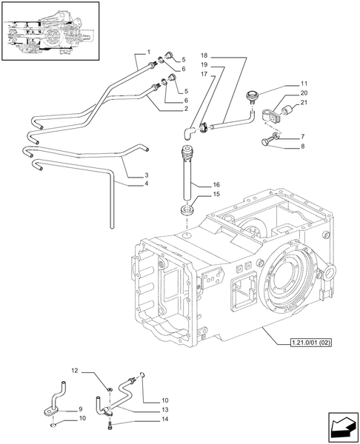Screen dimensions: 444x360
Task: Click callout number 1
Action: [149, 50]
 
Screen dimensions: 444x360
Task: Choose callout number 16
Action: [216, 184]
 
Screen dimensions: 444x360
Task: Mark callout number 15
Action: [216, 195]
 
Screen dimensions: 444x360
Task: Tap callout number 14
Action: [154, 420]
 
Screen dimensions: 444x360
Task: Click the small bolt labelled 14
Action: [110, 426]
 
